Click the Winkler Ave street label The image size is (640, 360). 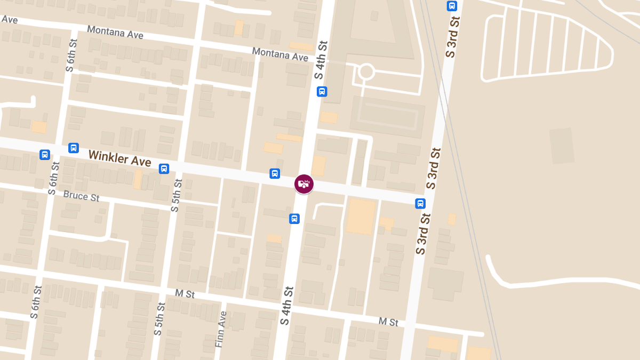[x=119, y=158]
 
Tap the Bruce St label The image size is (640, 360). [x=81, y=196]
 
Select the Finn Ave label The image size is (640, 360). [x=221, y=330]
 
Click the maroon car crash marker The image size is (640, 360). [x=304, y=184]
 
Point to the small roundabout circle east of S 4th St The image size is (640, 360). [x=366, y=71]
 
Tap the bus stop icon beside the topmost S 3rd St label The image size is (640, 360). [x=452, y=6]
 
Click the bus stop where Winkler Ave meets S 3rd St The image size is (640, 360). [x=421, y=203]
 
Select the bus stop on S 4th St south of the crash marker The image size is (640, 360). [x=294, y=219]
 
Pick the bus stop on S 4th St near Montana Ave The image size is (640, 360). [x=322, y=91]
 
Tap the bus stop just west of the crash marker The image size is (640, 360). [x=275, y=173]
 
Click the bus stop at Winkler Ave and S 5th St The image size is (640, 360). [x=164, y=169]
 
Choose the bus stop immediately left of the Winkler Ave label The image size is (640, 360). [x=74, y=148]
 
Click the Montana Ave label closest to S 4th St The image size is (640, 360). [x=280, y=54]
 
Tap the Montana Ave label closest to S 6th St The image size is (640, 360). [x=115, y=33]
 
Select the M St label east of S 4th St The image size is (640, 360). [x=388, y=322]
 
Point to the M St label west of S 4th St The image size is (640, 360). [x=185, y=294]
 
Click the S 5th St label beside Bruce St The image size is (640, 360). [x=177, y=196]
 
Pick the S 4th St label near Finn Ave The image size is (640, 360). [x=287, y=306]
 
